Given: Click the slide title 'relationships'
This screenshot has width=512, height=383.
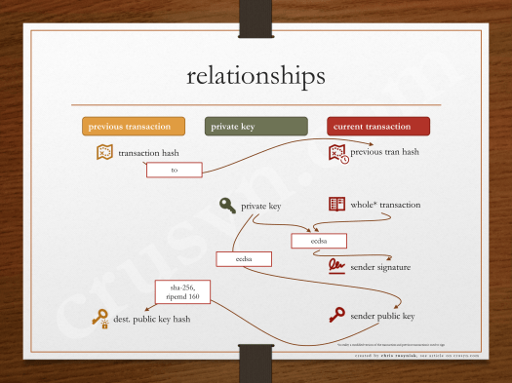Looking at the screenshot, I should pyautogui.click(x=256, y=75).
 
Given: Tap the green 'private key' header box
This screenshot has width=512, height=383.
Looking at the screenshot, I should pyautogui.click(x=255, y=127).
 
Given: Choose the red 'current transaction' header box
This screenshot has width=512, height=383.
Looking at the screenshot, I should pyautogui.click(x=377, y=127).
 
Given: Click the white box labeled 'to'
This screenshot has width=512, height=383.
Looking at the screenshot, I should pyautogui.click(x=174, y=170).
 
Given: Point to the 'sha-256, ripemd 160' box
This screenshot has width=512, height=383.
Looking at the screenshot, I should pyautogui.click(x=182, y=291).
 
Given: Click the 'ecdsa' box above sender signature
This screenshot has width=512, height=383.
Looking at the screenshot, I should pyautogui.click(x=319, y=240).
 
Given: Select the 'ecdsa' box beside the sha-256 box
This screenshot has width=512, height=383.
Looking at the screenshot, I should pyautogui.click(x=244, y=259).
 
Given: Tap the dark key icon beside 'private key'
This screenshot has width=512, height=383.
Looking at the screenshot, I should pyautogui.click(x=227, y=206).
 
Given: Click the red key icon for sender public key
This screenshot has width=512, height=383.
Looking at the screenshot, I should pyautogui.click(x=336, y=315).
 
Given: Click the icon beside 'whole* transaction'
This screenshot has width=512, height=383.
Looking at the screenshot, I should pyautogui.click(x=336, y=205).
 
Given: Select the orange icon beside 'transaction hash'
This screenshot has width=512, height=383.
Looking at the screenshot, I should pyautogui.click(x=104, y=153).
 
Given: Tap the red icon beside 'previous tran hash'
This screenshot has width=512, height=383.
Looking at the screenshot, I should pyautogui.click(x=337, y=152).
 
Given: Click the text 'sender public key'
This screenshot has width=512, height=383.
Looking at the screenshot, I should pyautogui.click(x=382, y=316).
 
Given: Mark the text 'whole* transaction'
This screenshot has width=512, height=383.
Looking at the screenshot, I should pyautogui.click(x=385, y=206).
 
